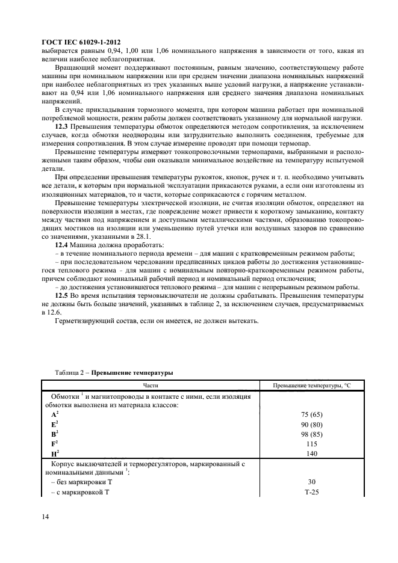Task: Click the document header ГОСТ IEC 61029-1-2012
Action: [x=81, y=42]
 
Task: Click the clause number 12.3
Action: [x=62, y=128]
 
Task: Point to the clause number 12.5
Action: [x=62, y=297]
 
